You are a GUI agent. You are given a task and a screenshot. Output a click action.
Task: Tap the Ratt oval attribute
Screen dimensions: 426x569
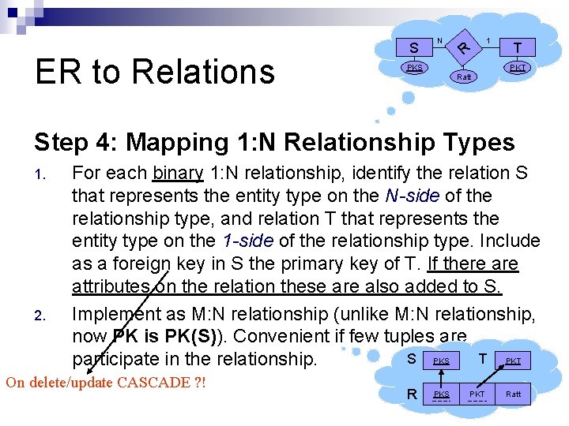tap(464, 77)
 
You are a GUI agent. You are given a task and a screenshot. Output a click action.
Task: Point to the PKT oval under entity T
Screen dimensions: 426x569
tap(518, 69)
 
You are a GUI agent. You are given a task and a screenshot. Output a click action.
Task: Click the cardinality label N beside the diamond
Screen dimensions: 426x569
tap(439, 39)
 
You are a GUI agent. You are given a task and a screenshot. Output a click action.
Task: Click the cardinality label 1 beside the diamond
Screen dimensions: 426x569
tap(490, 39)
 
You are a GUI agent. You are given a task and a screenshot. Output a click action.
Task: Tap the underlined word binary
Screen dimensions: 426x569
tap(178, 173)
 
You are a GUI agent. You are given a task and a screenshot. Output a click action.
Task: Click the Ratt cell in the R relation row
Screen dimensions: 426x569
tap(514, 393)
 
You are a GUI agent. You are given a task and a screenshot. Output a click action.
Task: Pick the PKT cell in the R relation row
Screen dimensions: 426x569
tap(477, 393)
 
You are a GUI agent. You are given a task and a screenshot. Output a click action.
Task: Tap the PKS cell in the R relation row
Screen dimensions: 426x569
tap(442, 393)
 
